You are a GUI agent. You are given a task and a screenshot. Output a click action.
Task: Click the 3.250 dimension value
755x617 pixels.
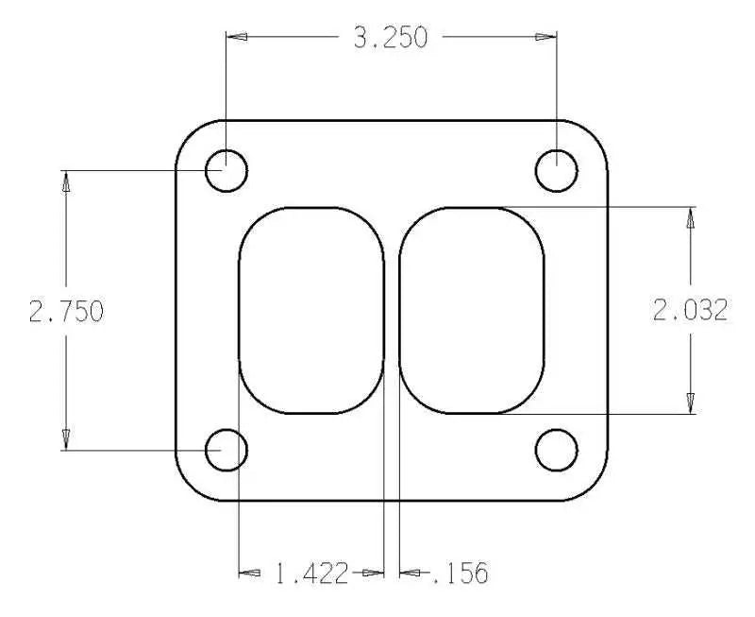390,37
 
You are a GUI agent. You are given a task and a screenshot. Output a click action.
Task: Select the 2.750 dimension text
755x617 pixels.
65,311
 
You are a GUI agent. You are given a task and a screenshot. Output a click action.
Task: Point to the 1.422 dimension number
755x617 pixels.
311,573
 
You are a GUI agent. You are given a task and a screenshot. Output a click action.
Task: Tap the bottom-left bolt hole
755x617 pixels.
226,450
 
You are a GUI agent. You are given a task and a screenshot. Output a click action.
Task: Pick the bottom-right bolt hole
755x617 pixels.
557,450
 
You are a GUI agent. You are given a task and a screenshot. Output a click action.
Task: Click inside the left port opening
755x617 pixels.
310,310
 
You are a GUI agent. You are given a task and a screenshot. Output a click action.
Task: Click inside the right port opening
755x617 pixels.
472,310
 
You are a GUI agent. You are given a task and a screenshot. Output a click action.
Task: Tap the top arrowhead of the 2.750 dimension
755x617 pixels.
65,181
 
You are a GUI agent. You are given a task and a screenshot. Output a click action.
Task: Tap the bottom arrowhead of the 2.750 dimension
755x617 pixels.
65,438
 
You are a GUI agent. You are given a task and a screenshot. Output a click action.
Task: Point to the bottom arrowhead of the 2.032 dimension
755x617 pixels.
691,403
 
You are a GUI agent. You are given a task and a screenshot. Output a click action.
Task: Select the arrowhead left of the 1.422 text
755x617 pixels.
249,573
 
